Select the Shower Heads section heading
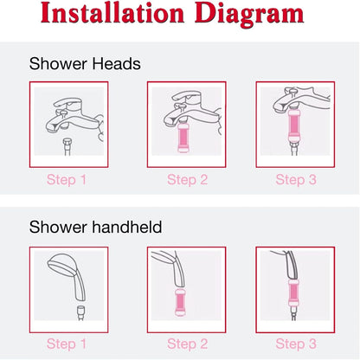click(85, 63)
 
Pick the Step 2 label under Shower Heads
click(188, 180)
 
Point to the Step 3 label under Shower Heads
click(296, 180)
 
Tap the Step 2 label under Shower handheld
click(188, 344)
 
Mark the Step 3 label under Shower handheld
click(296, 344)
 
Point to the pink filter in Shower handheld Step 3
click(292, 294)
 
